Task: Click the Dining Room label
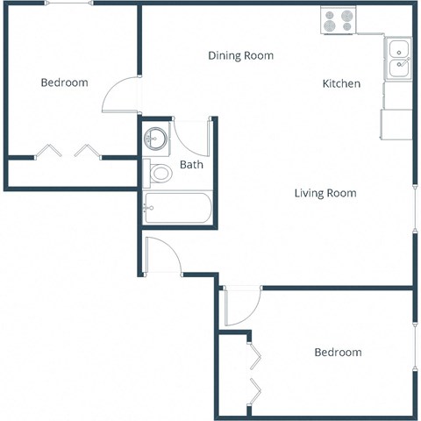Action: (240, 55)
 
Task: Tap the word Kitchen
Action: (341, 84)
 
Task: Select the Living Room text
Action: (325, 193)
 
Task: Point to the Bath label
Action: (191, 165)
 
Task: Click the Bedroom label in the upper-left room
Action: (65, 82)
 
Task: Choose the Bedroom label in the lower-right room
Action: (338, 352)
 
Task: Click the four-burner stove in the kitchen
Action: (338, 21)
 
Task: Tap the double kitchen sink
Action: (398, 58)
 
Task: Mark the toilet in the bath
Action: (159, 173)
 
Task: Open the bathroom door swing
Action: (191, 136)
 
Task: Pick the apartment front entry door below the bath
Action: (163, 255)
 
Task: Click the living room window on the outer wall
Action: (415, 210)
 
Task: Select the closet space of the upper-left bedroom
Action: (70, 172)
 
